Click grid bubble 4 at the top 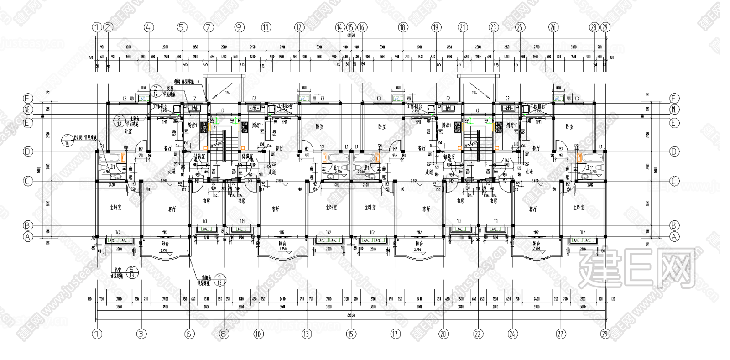coord(147,27)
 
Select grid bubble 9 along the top coord(240,27)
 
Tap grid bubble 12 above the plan coord(299,27)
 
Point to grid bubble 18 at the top coord(402,27)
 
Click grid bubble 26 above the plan coord(553,27)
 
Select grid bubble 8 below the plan coord(224,334)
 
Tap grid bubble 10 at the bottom coord(258,334)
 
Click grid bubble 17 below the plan coord(395,334)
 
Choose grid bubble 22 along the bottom coord(478,334)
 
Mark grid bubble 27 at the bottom coord(561,334)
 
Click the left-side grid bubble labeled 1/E coord(28,110)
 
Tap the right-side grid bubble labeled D coord(674,151)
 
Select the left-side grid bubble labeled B coord(28,225)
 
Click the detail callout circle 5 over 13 coord(132,272)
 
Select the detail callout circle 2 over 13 coord(119,121)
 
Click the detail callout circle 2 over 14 coord(156,91)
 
